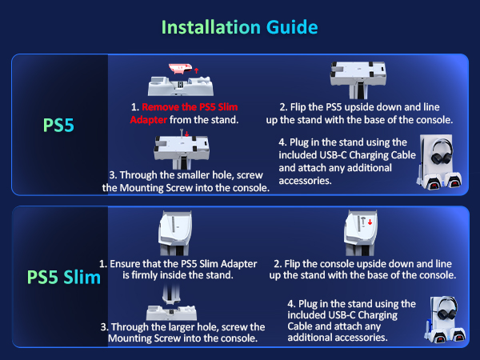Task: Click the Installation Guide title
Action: (239, 26)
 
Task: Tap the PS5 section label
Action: (60, 126)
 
